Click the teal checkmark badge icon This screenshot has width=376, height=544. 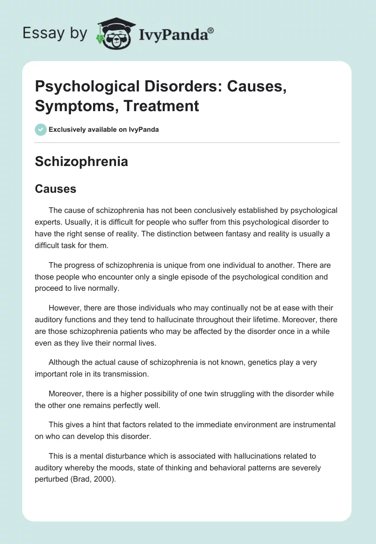(41, 129)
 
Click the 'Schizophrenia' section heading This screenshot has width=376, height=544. (81, 162)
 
